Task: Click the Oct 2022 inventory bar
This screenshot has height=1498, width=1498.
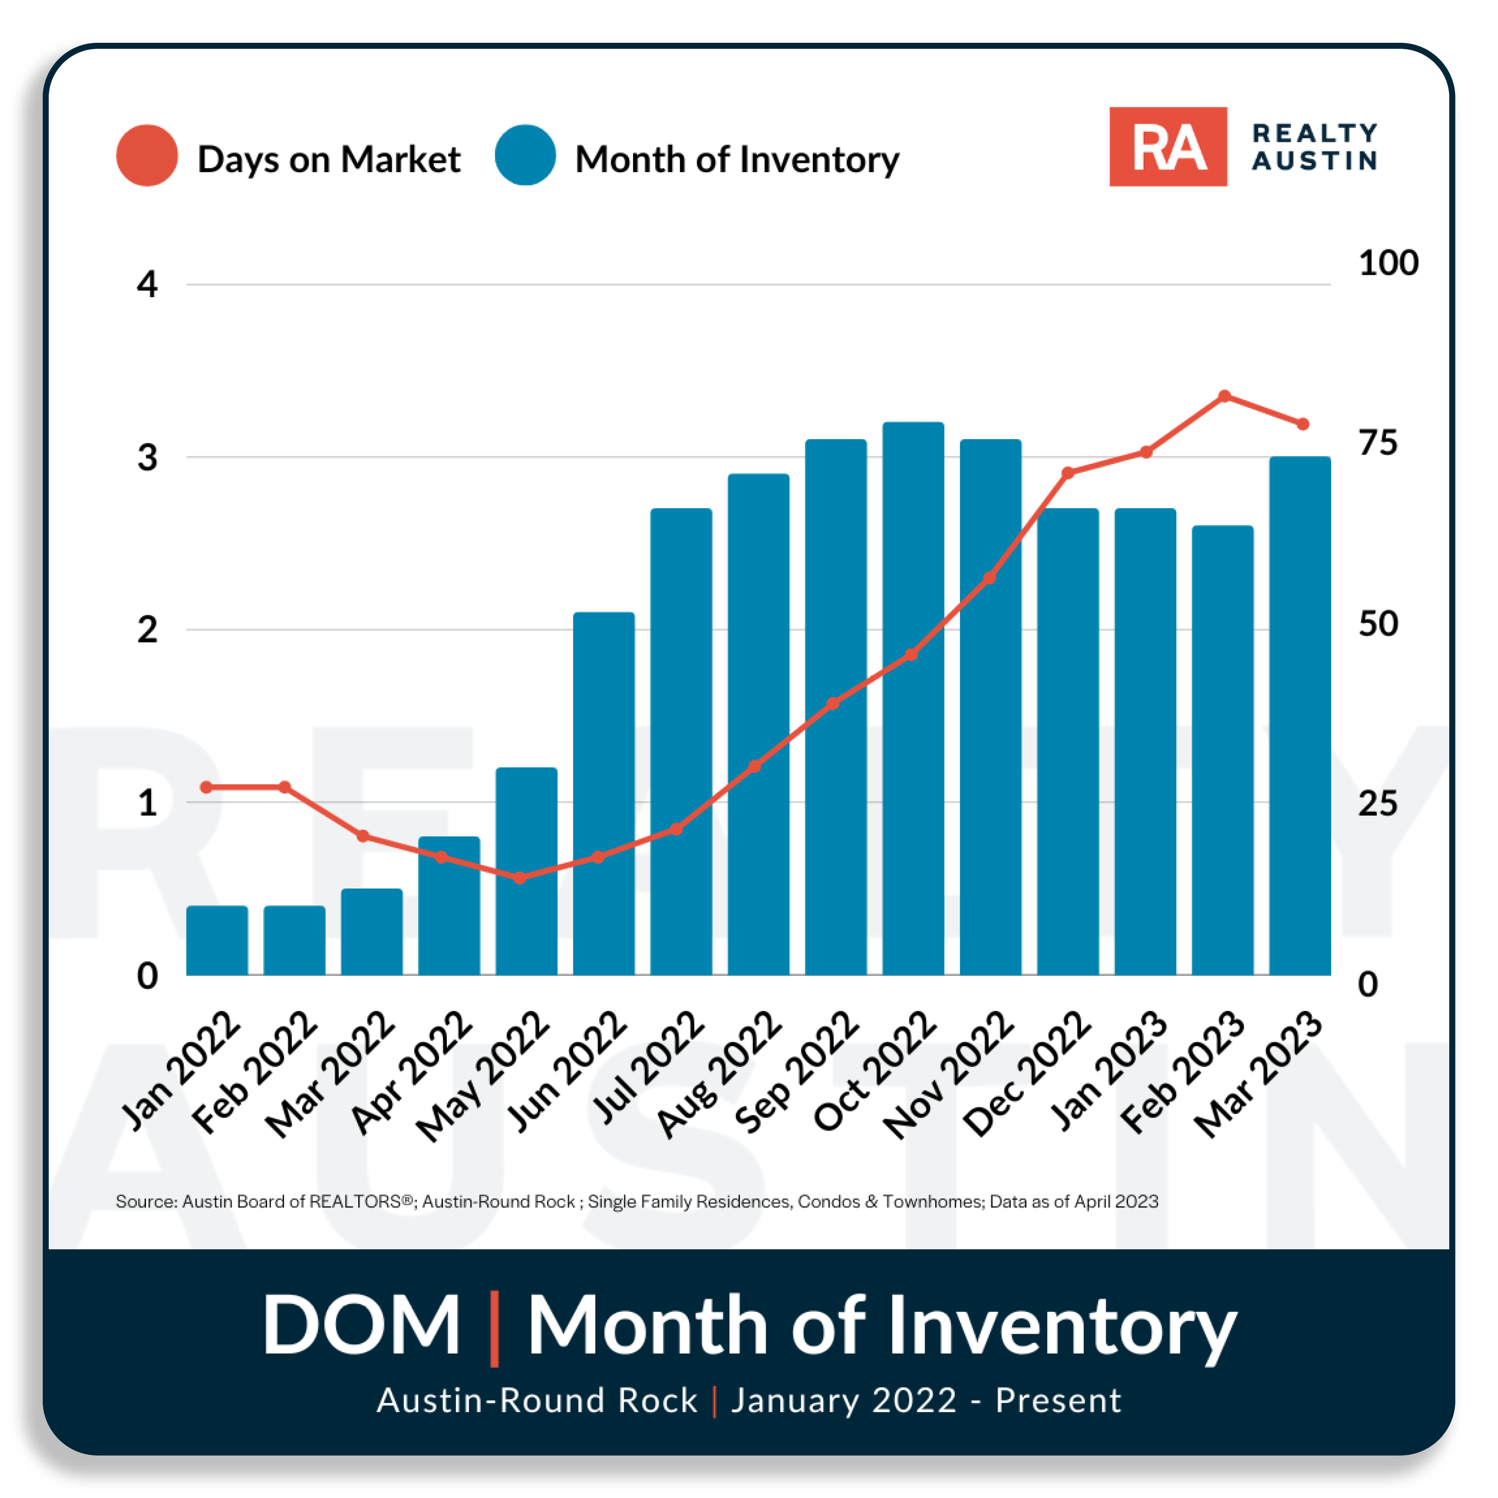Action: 913,698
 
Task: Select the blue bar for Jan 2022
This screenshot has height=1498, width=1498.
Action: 217,940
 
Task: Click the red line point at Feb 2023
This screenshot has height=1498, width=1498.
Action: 1225,396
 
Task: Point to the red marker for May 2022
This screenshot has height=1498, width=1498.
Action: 520,878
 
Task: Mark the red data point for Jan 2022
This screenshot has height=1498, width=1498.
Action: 206,787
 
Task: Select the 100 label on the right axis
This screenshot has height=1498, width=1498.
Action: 1388,263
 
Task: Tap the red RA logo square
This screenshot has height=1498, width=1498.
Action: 1168,146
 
